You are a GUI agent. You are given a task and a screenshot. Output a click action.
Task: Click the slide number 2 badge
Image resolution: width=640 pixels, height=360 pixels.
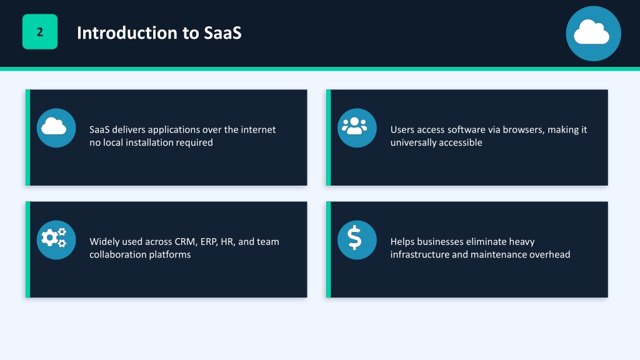40,32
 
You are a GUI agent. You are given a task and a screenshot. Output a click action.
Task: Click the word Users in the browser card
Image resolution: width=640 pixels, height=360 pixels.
401,130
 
